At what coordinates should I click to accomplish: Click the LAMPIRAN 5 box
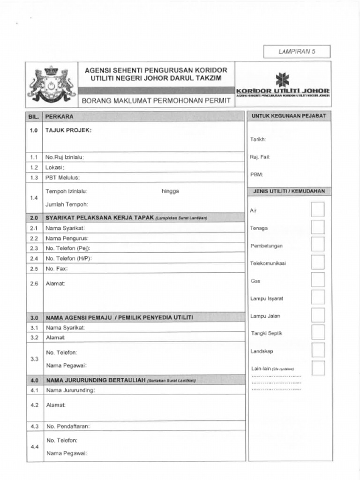297,52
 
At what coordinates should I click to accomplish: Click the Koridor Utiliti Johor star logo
282,80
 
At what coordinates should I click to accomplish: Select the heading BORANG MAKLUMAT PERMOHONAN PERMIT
157,100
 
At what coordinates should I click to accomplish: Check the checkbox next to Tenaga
318,227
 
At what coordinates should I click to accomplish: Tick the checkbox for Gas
318,280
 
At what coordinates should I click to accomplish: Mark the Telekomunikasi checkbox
318,262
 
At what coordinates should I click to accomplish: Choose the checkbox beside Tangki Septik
318,332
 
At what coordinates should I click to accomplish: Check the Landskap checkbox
318,350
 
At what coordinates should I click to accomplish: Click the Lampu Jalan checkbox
318,315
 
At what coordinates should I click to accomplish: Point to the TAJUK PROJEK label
68,130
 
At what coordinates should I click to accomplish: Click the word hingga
170,191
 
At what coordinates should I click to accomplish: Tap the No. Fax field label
56,269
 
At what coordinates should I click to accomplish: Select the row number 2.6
34,284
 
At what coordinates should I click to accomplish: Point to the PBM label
256,174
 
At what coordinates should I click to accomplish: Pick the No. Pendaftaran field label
68,426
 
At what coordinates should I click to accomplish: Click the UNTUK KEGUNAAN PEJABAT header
289,115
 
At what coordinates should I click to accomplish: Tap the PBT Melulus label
63,178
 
